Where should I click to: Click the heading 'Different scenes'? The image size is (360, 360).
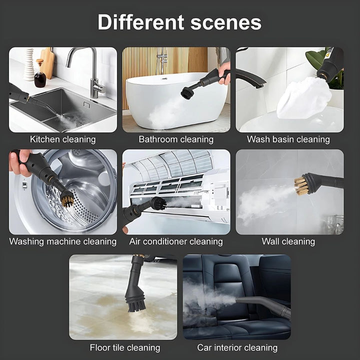(x=179, y=22)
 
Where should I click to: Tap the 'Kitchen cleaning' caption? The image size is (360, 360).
(x=62, y=139)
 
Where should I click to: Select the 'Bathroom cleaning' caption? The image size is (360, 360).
(x=176, y=139)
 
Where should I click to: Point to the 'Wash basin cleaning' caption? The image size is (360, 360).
(x=288, y=139)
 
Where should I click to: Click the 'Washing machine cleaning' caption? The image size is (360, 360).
(x=62, y=241)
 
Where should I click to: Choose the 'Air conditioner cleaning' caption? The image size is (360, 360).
(x=176, y=241)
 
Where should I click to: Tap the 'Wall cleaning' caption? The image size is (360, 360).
(x=288, y=241)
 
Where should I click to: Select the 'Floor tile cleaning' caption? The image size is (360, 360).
(x=125, y=347)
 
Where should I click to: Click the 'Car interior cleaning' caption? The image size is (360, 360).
(x=237, y=347)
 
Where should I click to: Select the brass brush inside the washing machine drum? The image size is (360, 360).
(x=67, y=200)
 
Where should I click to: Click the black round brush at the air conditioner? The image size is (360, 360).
(x=158, y=203)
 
